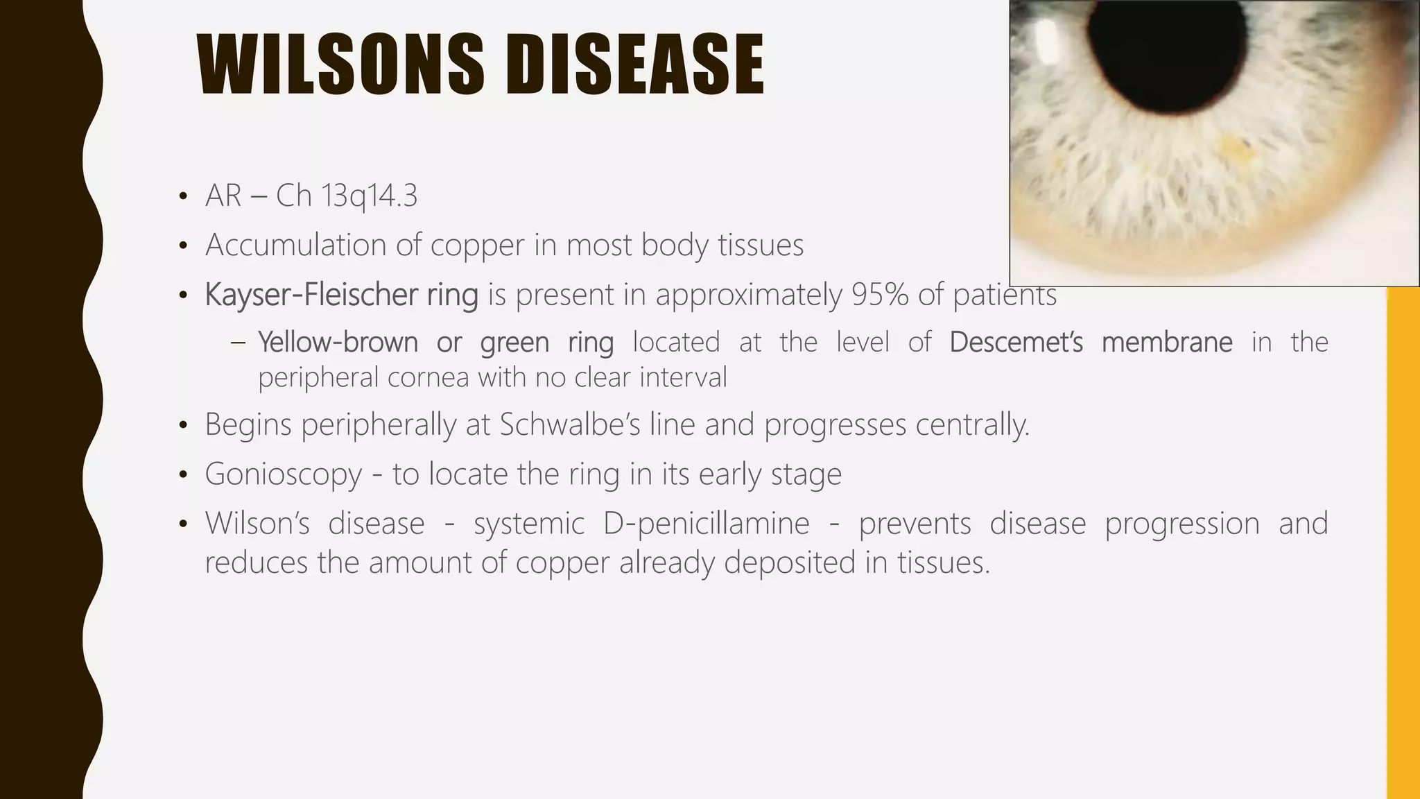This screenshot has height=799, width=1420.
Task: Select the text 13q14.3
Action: click(x=370, y=196)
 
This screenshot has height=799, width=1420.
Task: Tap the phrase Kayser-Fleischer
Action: click(x=311, y=295)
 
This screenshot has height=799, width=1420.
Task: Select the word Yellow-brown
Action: click(x=338, y=343)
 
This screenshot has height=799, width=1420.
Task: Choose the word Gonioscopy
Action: click(x=283, y=475)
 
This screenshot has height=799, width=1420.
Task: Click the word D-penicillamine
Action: click(x=706, y=524)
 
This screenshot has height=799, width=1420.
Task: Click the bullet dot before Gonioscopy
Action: click(x=182, y=476)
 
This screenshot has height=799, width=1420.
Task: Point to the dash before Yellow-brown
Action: click(x=238, y=343)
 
